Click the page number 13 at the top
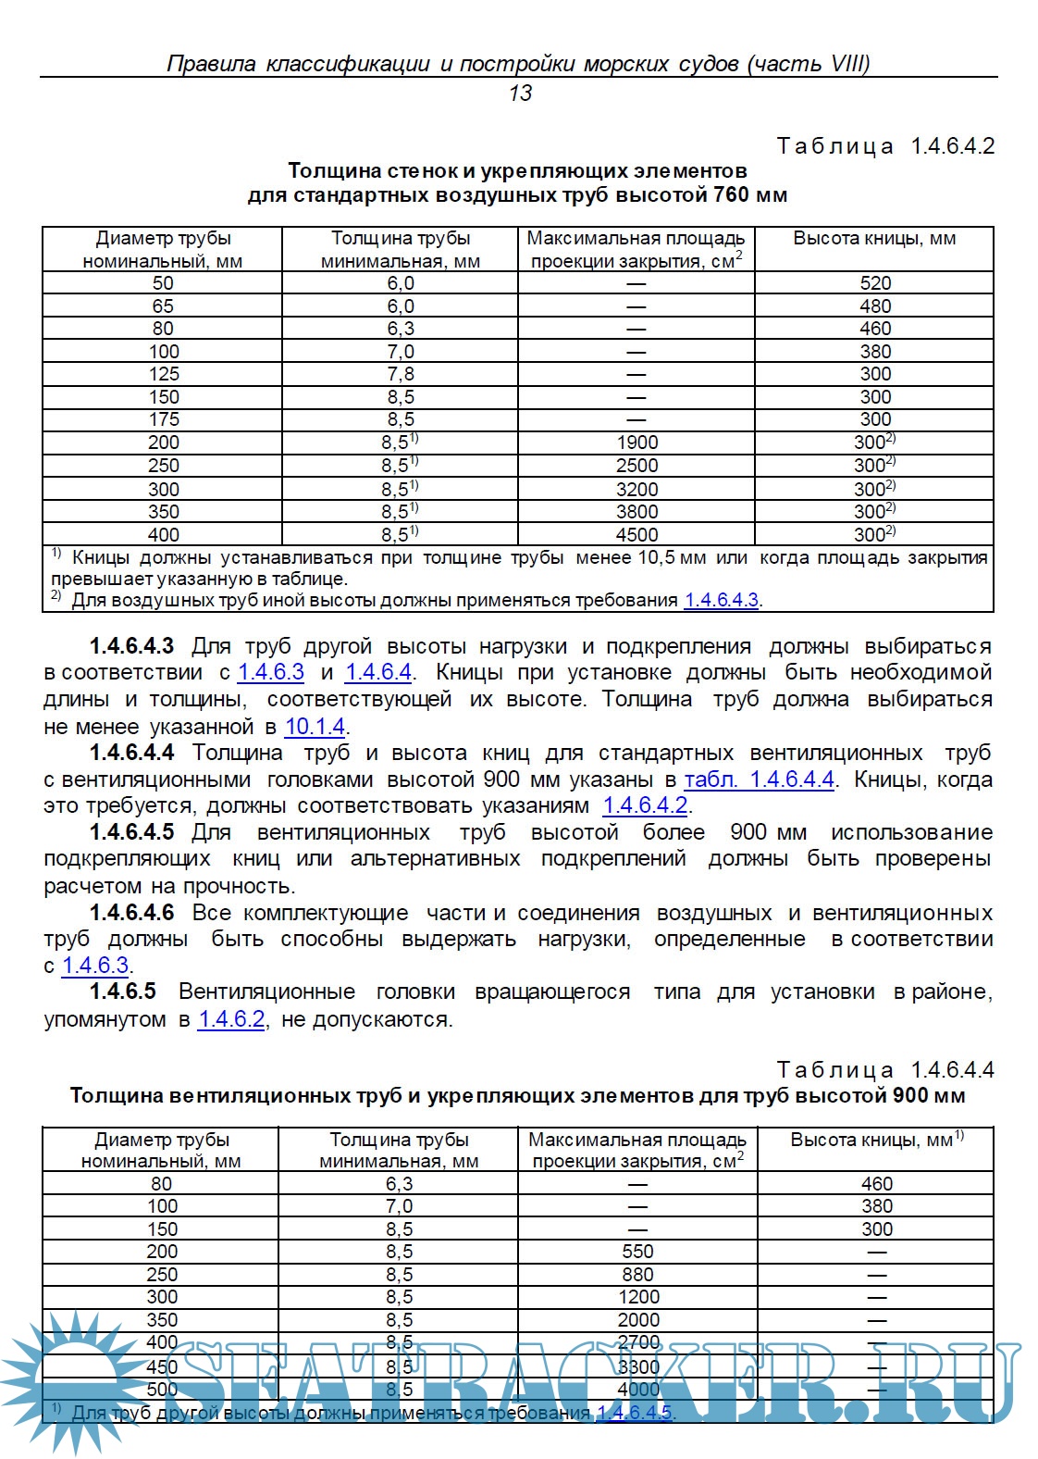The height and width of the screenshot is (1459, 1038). point(520,93)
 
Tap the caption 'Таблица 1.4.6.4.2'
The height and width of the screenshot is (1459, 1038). point(884,146)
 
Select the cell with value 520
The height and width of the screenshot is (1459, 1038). point(875,283)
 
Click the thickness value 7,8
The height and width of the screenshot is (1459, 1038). point(400,374)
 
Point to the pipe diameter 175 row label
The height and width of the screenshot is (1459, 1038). point(163,419)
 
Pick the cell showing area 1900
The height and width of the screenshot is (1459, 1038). point(637,443)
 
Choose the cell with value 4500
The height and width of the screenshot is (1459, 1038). point(637,534)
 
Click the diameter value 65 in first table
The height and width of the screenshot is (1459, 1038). point(163,306)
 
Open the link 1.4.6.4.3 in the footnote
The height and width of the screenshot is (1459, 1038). point(721,600)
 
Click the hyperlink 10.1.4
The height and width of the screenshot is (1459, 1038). point(315,727)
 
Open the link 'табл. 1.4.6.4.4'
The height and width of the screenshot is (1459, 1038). point(759,779)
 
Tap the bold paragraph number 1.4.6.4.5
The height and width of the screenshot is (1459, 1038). point(131,832)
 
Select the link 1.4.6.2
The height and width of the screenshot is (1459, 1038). point(231,1019)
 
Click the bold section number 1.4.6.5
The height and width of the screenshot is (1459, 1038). point(122,991)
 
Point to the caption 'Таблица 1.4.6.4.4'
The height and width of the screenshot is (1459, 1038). point(884,1070)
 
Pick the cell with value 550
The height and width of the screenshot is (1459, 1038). point(637,1252)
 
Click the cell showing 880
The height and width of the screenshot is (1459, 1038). point(637,1275)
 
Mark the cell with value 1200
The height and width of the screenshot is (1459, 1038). point(637,1297)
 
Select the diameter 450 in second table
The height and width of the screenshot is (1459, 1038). point(162,1366)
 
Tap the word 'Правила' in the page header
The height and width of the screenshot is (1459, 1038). point(211,63)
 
